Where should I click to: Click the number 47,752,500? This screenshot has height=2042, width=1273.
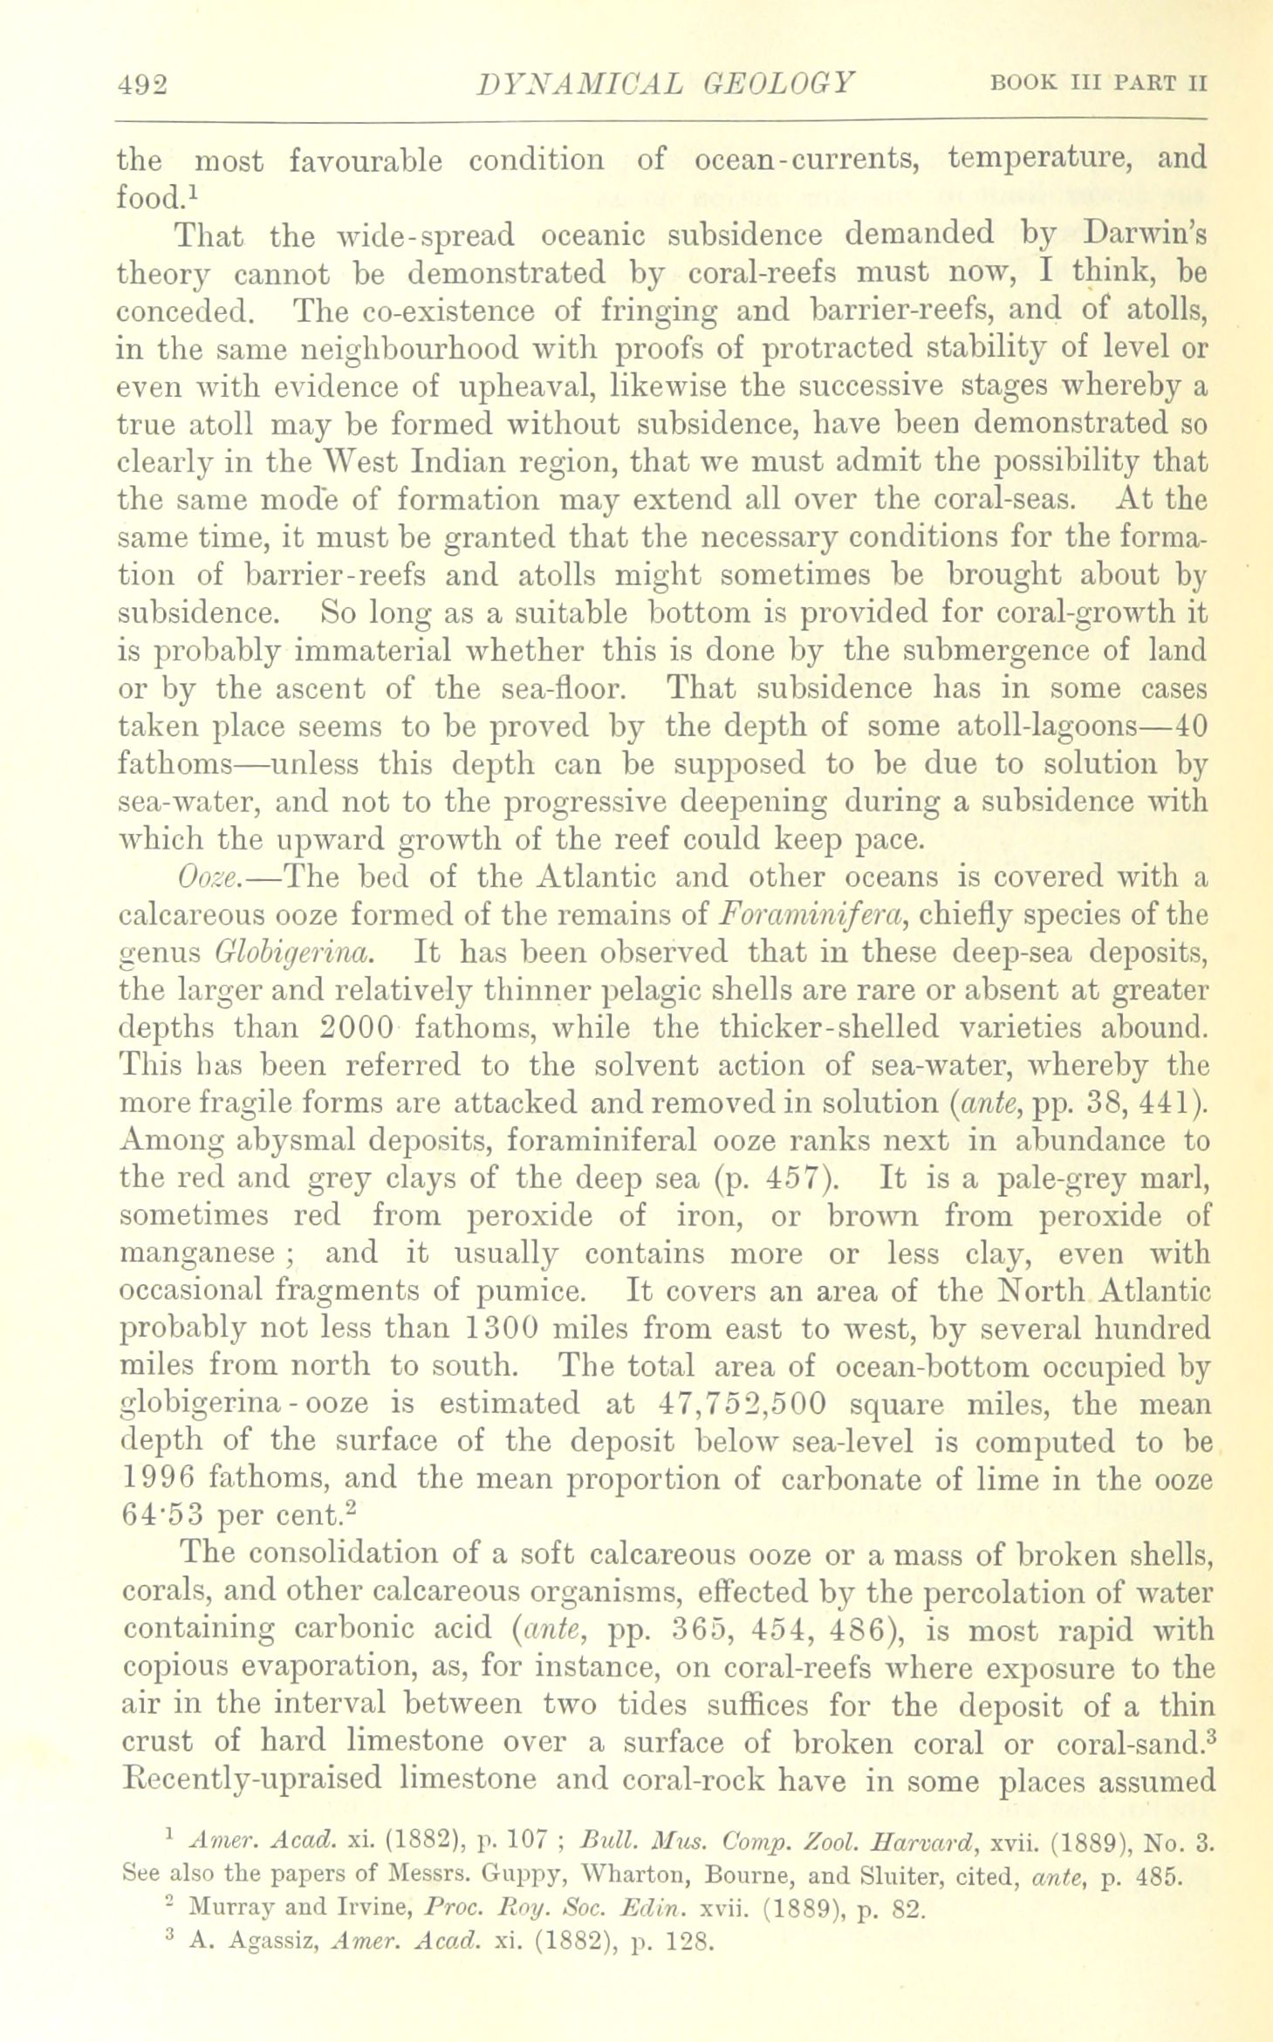click(x=737, y=1404)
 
